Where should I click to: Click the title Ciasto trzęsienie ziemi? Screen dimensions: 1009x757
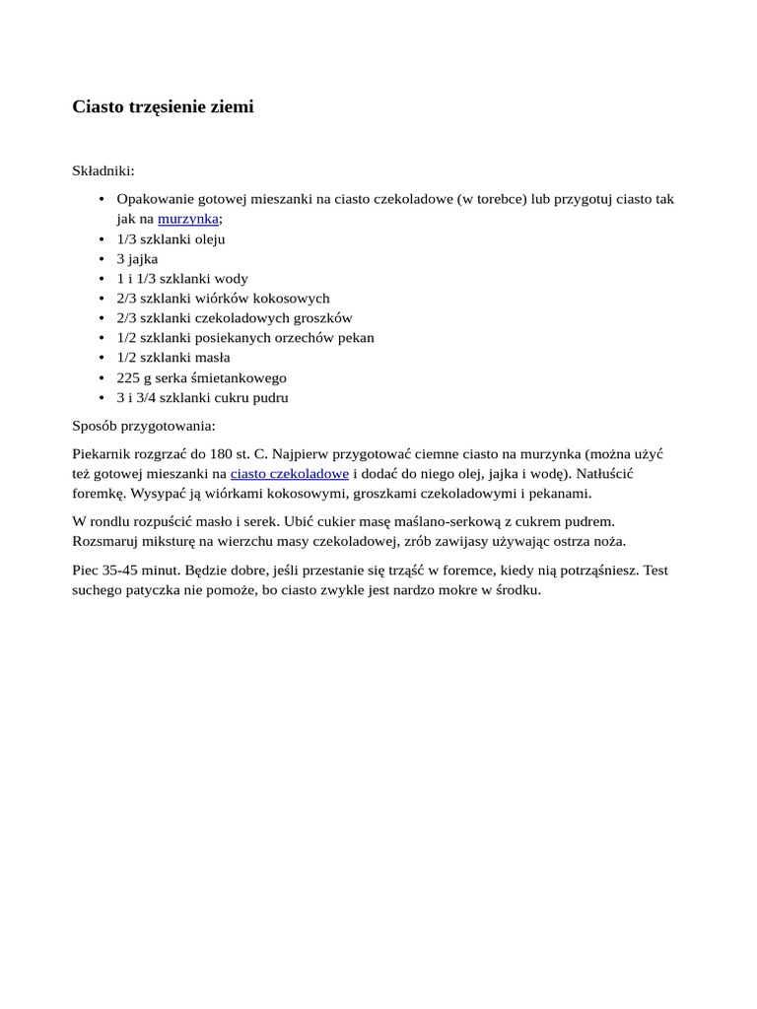point(163,107)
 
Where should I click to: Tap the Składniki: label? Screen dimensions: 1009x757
point(103,170)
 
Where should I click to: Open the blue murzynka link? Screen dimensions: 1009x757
point(187,219)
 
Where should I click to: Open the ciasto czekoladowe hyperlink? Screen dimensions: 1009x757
point(289,473)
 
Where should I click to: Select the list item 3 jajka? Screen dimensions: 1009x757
point(137,258)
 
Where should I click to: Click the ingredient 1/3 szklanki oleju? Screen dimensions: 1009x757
point(171,238)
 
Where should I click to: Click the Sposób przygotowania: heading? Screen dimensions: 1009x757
point(144,426)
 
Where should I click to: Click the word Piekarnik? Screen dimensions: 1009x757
point(103,453)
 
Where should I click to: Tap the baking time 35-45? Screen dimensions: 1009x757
point(122,570)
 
